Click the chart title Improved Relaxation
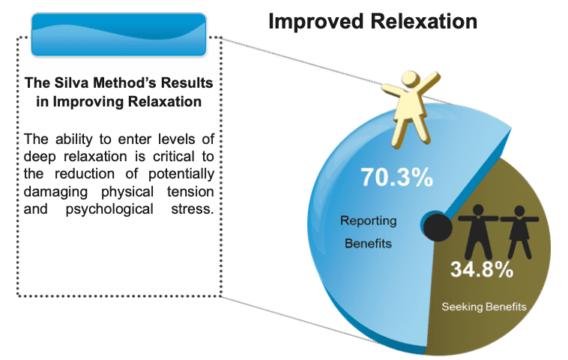click(x=372, y=22)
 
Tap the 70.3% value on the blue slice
click(x=396, y=177)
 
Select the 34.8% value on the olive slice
click(x=482, y=269)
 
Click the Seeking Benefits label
click(x=484, y=307)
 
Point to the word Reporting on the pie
click(x=369, y=220)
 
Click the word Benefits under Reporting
click(x=368, y=243)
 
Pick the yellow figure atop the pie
click(x=411, y=109)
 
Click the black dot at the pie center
click(x=438, y=228)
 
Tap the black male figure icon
click(x=478, y=231)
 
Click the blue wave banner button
click(x=119, y=34)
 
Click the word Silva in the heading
click(x=72, y=82)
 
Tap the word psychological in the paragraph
click(x=109, y=209)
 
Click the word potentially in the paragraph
click(x=181, y=175)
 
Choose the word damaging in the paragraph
click(x=55, y=192)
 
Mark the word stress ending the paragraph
click(x=193, y=209)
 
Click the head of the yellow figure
click(x=411, y=79)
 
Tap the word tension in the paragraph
click(x=190, y=192)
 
